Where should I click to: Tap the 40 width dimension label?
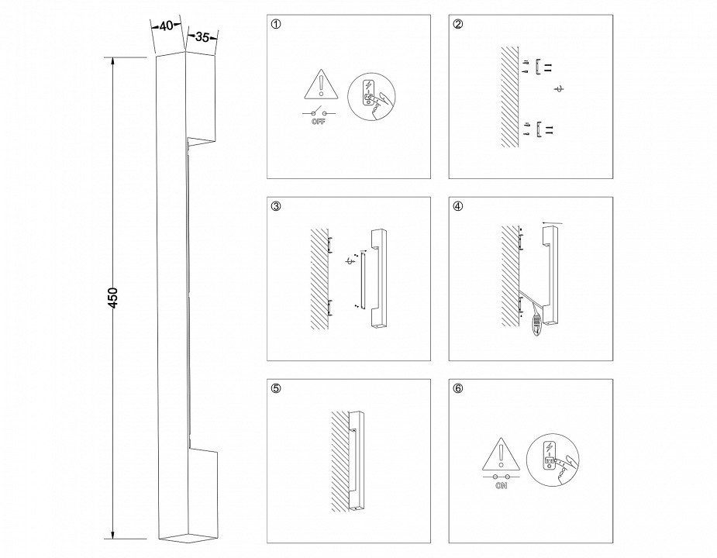[167, 26]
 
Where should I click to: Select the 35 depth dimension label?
[202, 37]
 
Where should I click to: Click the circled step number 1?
[276, 24]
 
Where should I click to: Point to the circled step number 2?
[458, 24]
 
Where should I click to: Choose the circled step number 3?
[276, 206]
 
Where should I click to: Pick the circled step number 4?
[458, 206]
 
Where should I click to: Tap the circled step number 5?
[276, 388]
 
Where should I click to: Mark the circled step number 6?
[458, 388]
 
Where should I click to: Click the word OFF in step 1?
[319, 122]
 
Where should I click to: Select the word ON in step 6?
[502, 486]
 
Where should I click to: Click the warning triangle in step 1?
[321, 84]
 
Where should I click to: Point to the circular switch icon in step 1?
[371, 97]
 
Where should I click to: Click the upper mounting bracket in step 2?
[539, 67]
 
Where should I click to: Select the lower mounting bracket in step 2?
[539, 129]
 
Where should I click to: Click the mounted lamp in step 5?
[356, 460]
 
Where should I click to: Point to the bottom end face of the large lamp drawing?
[188, 538]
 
